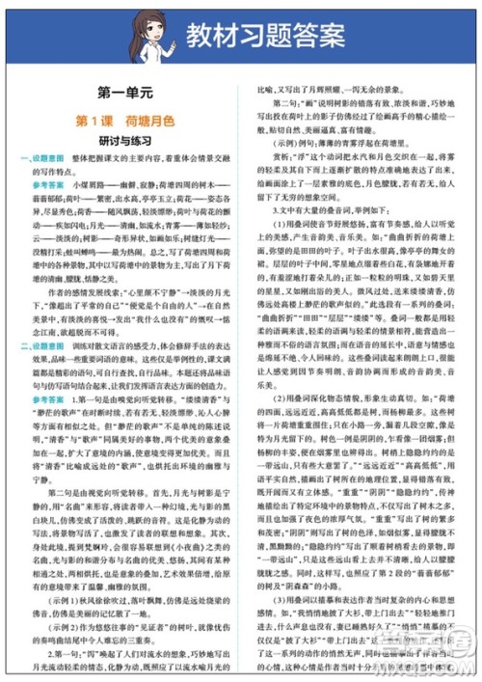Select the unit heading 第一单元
(125, 95)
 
